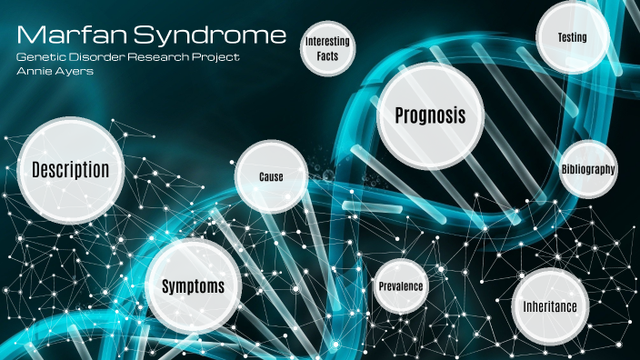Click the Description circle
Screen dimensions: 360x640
click(70, 170)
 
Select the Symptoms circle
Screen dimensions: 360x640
click(193, 286)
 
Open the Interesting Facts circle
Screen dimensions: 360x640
click(327, 49)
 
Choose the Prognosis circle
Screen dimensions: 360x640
click(430, 116)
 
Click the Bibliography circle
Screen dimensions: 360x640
click(588, 169)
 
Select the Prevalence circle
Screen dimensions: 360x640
click(400, 286)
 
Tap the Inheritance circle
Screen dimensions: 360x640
click(549, 306)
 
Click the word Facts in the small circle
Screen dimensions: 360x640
click(327, 56)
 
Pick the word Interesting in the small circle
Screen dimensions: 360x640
click(327, 43)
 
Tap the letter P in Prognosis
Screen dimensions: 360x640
click(400, 116)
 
